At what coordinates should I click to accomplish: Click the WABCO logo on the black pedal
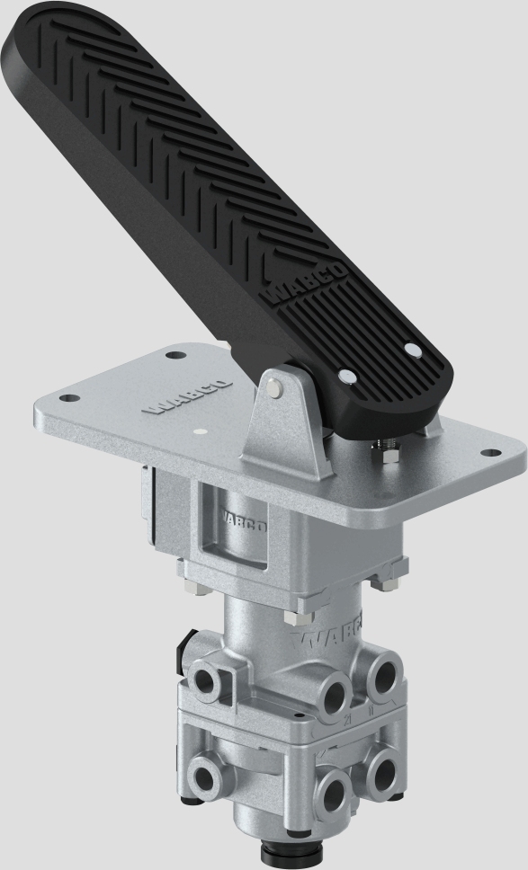tap(307, 286)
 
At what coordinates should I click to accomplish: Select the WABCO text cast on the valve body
tap(337, 633)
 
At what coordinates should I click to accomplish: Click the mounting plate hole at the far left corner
tap(66, 397)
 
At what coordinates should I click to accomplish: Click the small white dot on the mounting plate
tap(200, 431)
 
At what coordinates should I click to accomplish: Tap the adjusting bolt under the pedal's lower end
tap(390, 451)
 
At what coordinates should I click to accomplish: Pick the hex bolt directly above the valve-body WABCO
tap(294, 617)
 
